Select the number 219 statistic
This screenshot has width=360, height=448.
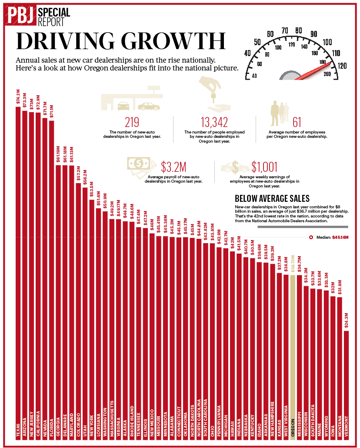pyautogui.click(x=132, y=123)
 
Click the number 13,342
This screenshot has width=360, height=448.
pyautogui.click(x=214, y=123)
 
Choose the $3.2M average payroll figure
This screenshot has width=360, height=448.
pyautogui.click(x=173, y=167)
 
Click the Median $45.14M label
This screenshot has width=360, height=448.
pyautogui.click(x=331, y=237)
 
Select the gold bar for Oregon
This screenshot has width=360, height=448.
pyautogui.click(x=293, y=348)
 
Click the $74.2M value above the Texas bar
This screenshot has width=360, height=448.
pyautogui.click(x=18, y=97)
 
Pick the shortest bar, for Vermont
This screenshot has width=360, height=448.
pyautogui.click(x=346, y=383)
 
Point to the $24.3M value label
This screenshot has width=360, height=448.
pyautogui.click(x=346, y=321)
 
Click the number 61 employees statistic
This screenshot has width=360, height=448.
pyautogui.click(x=297, y=123)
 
